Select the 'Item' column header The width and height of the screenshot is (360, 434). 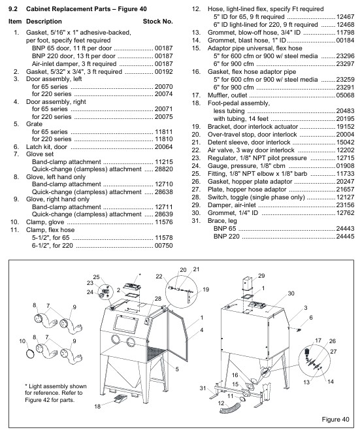14,22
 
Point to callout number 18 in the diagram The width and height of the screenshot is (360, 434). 97,406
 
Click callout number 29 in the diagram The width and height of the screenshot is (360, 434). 261,276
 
